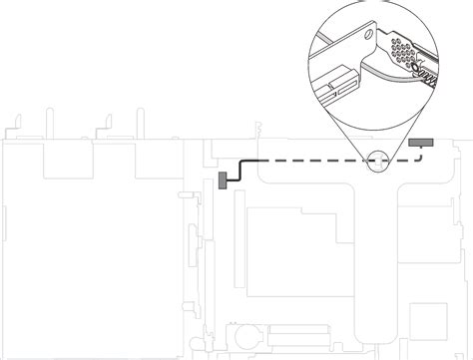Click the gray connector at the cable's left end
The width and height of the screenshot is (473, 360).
[223, 180]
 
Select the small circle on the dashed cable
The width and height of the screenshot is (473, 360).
[376, 159]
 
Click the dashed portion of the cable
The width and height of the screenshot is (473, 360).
[319, 159]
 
